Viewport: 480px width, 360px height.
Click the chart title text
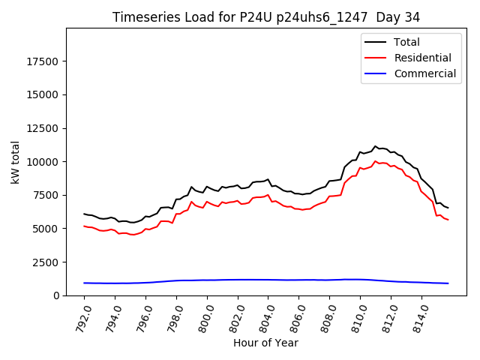click(x=266, y=16)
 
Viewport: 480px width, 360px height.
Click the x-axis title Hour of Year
click(x=265, y=343)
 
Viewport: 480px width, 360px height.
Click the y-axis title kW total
click(x=15, y=162)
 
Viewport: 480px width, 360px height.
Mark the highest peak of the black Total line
click(x=376, y=146)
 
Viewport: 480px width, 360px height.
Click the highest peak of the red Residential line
click(x=376, y=161)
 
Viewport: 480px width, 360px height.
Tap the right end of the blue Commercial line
click(x=448, y=283)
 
